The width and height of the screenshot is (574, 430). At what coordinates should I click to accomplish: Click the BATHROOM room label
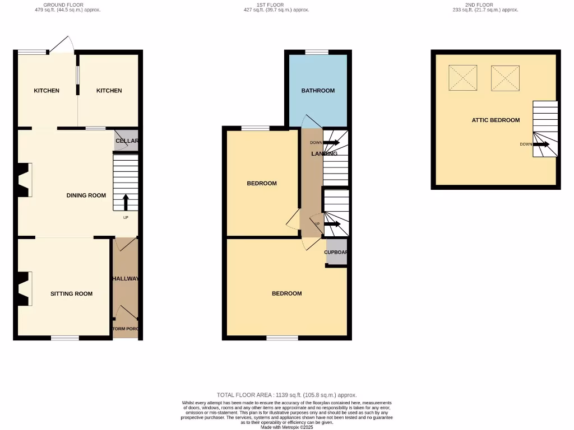pos(318,91)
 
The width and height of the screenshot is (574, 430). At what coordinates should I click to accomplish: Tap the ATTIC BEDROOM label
pos(496,120)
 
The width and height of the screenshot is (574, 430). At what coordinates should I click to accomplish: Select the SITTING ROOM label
pos(71,293)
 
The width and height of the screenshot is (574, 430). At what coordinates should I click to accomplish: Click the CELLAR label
pos(127,141)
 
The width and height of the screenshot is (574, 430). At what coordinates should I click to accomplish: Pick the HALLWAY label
pos(126,279)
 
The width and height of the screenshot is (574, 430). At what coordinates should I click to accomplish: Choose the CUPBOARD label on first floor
pos(336,252)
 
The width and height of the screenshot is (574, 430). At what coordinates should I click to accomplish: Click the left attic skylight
pos(463,78)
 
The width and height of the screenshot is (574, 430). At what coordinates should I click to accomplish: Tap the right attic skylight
pos(505,78)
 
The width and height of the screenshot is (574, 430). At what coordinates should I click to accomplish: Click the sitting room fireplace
pos(24,288)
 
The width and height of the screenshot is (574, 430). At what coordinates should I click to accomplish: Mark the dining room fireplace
pos(24,180)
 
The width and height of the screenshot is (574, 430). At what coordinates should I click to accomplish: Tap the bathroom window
pos(317,52)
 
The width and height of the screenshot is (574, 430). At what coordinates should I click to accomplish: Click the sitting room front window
pos(65,338)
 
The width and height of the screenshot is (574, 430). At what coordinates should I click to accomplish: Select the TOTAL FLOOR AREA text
pos(286,395)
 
